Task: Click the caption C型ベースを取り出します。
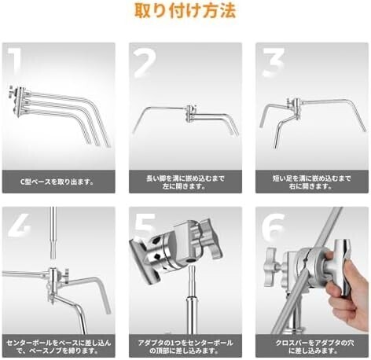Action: pyautogui.click(x=57, y=181)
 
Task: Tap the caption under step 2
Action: pyautogui.click(x=185, y=181)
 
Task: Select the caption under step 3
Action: pyautogui.click(x=312, y=181)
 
